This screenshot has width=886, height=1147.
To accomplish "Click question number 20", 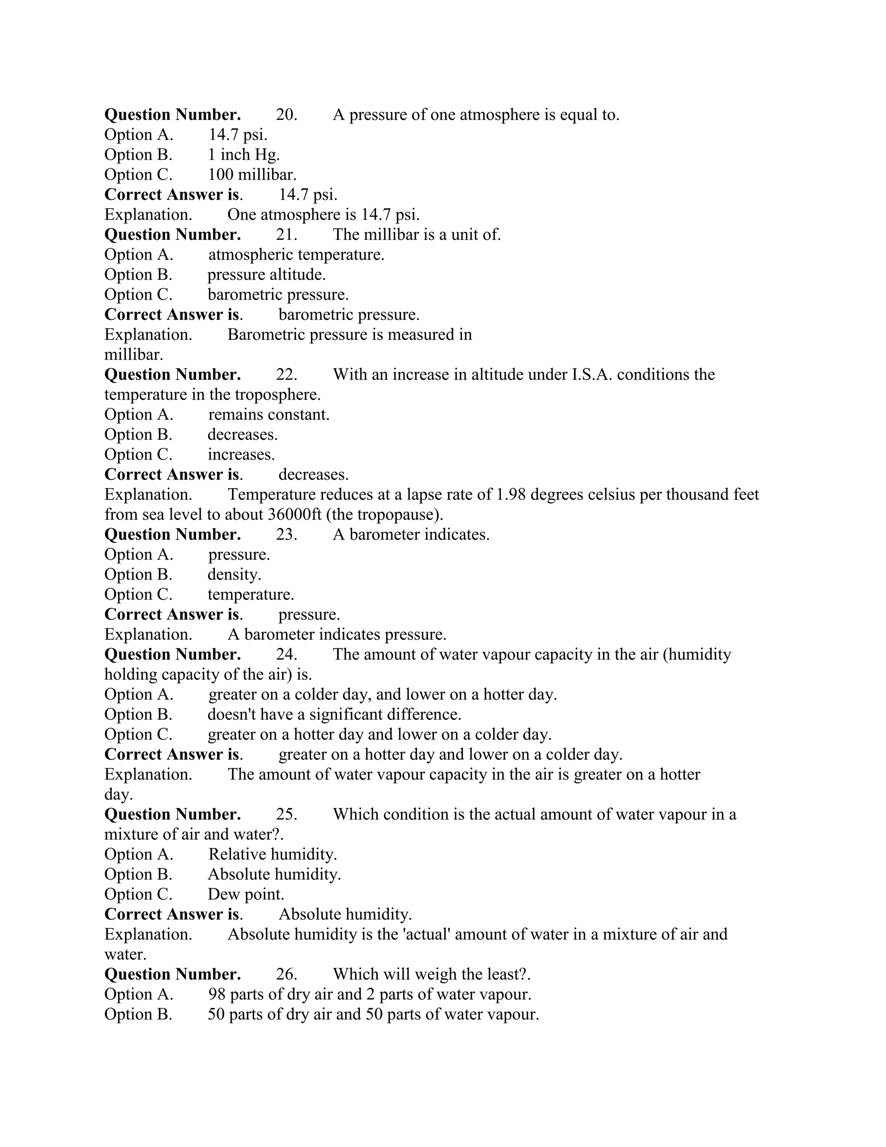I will coord(286,115).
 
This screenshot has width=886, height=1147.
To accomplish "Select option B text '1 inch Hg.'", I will coord(244,155).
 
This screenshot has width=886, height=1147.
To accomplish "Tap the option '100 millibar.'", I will coord(252,174).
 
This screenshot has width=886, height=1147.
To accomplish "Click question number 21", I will coord(286,234).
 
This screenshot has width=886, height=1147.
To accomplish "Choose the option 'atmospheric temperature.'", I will coord(296,255).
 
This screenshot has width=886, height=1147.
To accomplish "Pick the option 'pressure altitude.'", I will coord(266,275).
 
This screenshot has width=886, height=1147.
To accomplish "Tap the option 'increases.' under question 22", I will coord(241,454).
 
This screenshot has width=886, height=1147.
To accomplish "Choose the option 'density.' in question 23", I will coord(234,574).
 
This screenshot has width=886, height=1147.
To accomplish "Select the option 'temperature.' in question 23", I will coord(250,595).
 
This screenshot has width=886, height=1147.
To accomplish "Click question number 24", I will coord(286,654).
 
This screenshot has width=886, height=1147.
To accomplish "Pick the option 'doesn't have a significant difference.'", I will coord(334,714).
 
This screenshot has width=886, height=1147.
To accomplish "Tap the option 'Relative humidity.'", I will coord(273,854).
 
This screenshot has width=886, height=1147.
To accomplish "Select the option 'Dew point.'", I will coord(246,894).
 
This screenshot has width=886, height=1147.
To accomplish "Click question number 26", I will coord(286,974).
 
